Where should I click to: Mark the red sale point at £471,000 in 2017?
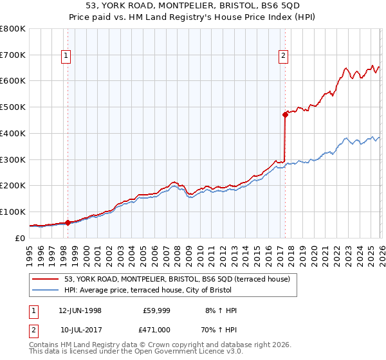(x=284, y=115)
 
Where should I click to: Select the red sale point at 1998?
(x=68, y=222)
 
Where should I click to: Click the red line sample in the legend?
(x=46, y=279)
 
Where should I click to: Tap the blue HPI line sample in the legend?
(x=46, y=290)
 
